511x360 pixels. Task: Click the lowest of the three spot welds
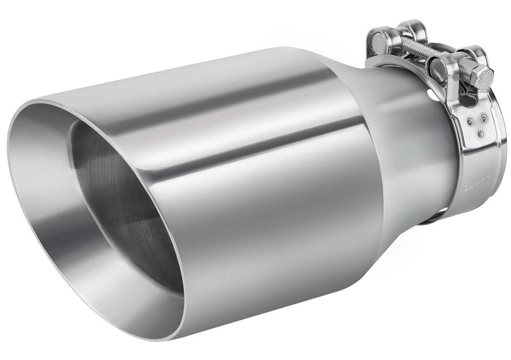tap(481, 133)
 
